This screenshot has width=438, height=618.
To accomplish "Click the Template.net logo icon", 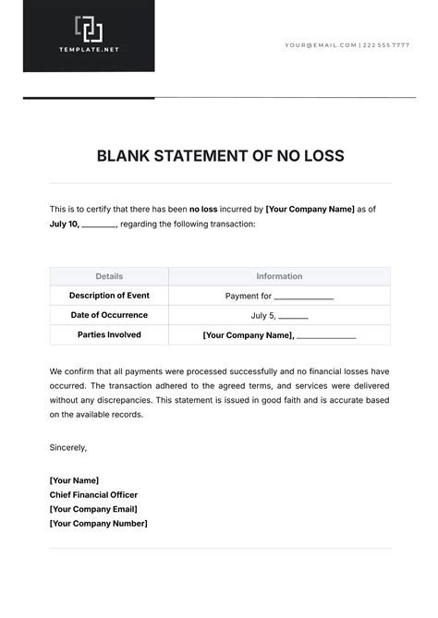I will point(89,29).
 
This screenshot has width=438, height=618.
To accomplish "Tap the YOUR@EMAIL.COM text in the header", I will point(320,44).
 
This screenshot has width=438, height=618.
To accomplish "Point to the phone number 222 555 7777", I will point(386,44).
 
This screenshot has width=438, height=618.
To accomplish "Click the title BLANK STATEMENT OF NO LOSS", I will point(220,156).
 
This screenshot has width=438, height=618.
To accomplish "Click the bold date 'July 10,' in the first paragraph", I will point(65,224).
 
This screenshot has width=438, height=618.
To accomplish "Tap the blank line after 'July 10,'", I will point(99,225).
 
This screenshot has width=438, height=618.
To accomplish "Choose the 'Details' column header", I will point(109,276).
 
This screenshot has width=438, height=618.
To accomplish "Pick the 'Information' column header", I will point(279,276).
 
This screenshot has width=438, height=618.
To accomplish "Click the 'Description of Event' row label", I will point(109,296).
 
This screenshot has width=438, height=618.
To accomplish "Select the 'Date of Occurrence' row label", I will point(109,315).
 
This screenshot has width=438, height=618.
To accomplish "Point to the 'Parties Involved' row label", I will point(109,334).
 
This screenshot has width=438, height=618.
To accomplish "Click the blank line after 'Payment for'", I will point(303,298).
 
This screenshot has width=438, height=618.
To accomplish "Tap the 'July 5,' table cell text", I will point(263,316).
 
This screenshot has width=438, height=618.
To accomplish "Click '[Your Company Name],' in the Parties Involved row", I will point(248,335).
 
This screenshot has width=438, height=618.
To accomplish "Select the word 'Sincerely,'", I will point(68,447).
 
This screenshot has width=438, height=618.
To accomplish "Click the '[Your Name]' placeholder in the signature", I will point(74,480).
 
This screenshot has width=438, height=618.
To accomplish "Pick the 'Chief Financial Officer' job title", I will point(93,494).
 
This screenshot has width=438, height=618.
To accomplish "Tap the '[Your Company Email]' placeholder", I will point(93,509).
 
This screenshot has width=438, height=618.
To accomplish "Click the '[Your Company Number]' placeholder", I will point(98,524).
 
